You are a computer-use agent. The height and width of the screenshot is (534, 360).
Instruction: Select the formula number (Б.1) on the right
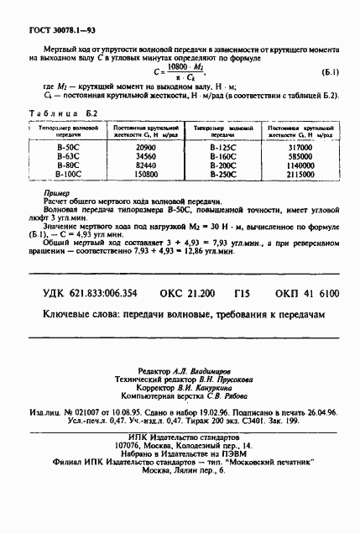(x=330, y=72)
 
